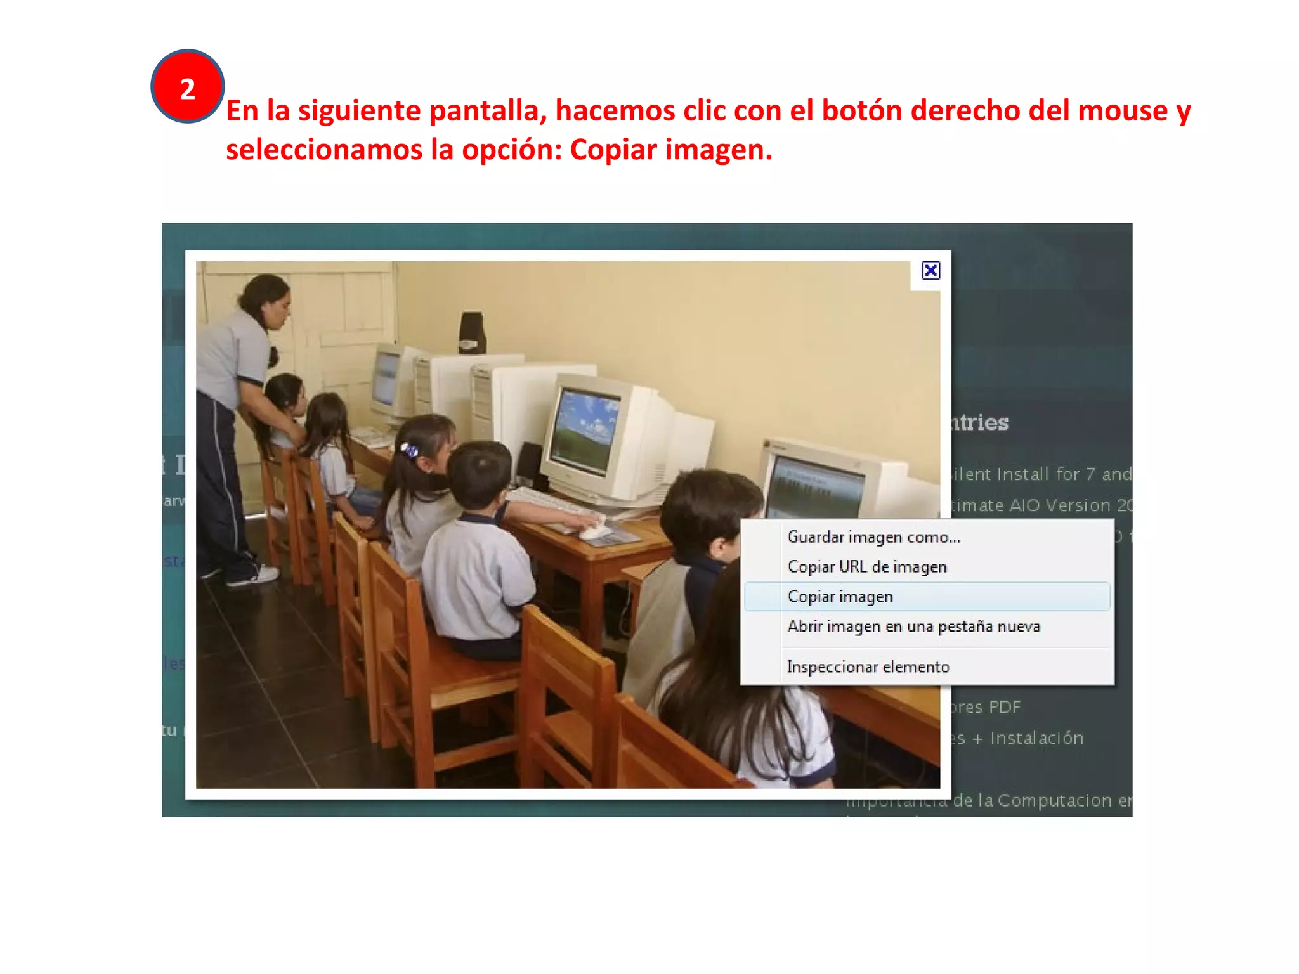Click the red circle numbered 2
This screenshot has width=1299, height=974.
click(187, 86)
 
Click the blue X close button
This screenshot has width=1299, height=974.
click(930, 271)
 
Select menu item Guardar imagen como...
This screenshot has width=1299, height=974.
click(873, 537)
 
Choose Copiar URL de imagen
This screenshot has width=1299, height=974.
click(866, 567)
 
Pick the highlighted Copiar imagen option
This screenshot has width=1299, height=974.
click(840, 597)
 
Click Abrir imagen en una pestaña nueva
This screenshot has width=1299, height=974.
click(913, 627)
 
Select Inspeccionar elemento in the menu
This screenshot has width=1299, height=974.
click(868, 667)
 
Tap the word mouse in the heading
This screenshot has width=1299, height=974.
click(1123, 111)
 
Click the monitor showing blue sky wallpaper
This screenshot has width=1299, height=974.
click(584, 431)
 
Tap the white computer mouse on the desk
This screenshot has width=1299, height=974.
click(595, 532)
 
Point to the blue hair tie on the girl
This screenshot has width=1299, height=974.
click(410, 450)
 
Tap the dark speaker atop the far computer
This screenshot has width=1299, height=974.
click(472, 332)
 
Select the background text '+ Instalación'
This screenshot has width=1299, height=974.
click(1028, 738)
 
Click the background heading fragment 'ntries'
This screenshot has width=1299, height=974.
click(979, 422)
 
